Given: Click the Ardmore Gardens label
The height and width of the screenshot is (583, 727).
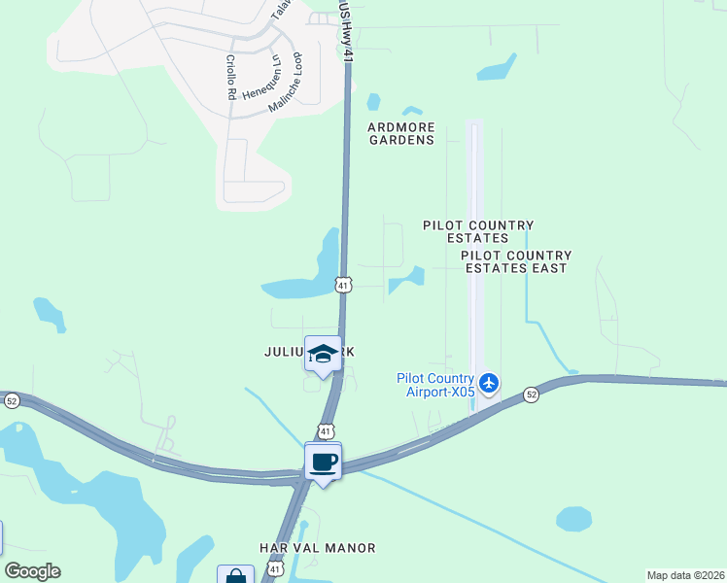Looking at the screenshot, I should [400, 133].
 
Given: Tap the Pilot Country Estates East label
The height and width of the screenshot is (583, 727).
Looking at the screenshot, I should [516, 261].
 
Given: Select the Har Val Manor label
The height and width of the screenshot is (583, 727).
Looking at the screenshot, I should [317, 548].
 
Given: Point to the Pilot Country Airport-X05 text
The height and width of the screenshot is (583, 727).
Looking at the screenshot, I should [435, 385].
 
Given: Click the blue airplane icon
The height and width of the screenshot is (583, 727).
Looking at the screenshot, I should [489, 383].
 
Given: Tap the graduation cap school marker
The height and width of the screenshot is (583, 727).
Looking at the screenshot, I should [323, 355].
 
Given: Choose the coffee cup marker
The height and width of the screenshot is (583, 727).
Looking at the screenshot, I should [323, 462].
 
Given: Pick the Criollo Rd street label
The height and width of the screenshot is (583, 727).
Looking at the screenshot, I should [231, 78].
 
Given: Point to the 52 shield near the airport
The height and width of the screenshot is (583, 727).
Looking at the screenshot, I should [531, 394].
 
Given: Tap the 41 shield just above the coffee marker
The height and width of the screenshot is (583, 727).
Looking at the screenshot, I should [327, 430].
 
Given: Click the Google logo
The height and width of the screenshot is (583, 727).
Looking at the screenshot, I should [32, 570].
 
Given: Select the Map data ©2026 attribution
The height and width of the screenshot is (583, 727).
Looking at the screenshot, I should [685, 575].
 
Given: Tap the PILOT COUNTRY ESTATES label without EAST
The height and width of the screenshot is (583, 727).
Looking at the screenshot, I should [466, 231].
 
